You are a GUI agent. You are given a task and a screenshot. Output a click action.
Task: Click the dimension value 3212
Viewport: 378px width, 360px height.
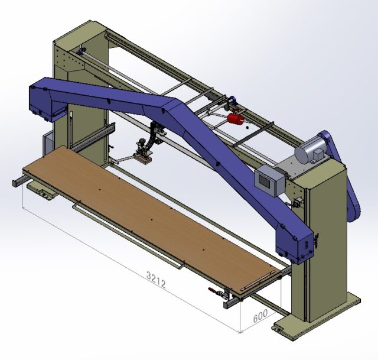point(156,280)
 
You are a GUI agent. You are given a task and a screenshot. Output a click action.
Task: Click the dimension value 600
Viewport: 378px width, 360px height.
point(260,316)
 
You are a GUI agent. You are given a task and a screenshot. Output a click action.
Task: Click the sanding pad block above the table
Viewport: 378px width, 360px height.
point(144,159)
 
